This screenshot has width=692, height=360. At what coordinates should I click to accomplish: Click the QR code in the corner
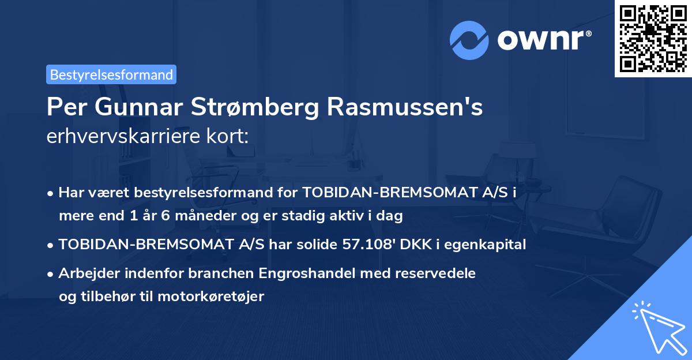coord(653,38)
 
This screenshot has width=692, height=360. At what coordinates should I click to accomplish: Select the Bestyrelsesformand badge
coord(111,74)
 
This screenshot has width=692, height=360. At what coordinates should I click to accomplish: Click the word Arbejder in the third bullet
coord(86,273)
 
